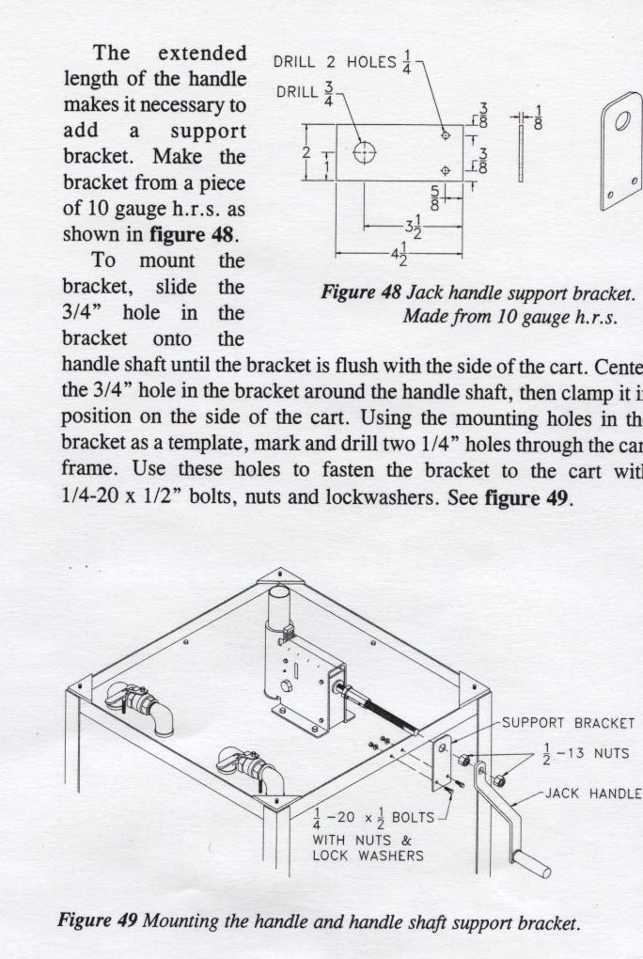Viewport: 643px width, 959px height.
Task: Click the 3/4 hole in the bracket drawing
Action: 364,152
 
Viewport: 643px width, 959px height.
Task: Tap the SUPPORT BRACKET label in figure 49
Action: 568,723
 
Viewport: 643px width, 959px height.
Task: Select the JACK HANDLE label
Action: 593,794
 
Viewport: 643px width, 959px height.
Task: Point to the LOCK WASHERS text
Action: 368,856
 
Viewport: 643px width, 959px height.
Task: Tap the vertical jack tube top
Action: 281,598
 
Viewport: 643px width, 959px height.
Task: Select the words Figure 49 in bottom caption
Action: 98,920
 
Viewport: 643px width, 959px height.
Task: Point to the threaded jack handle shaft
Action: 385,711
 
